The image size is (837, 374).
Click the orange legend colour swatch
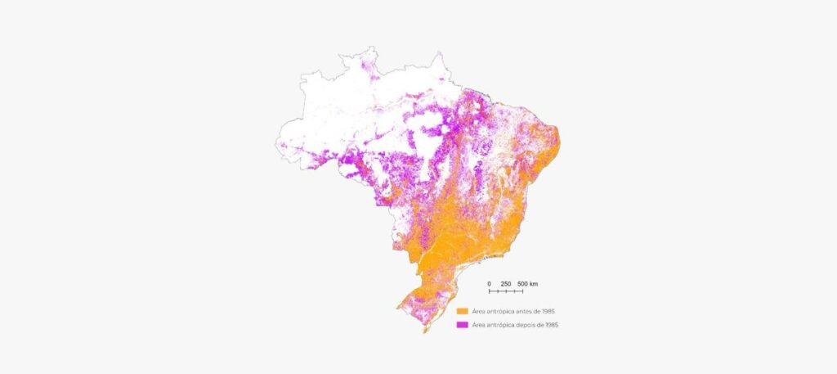click(463, 312)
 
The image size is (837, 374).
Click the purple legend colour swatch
click(463, 325)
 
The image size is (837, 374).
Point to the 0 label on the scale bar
click(489, 284)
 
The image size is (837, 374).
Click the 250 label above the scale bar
click(506, 284)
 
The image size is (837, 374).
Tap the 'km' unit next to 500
click(534, 284)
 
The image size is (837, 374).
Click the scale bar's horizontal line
click(506, 291)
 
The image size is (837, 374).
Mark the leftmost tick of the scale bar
click(489, 291)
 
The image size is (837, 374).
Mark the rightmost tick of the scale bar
click(523, 291)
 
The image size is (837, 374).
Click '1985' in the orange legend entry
click(537, 312)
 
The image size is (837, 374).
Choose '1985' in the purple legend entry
click(550, 325)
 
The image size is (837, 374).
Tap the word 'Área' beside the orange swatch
click(478, 312)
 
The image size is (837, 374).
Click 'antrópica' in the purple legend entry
click(496, 325)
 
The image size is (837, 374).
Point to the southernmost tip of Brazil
click(423, 332)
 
